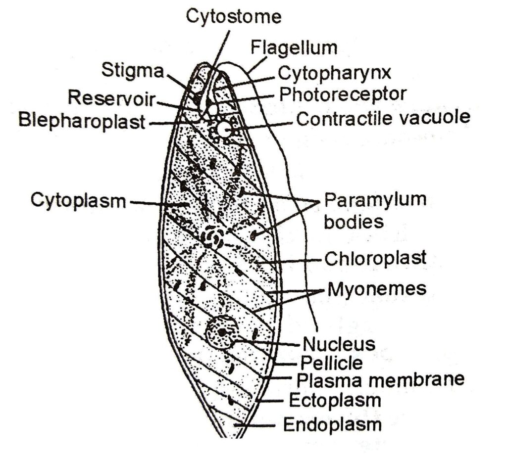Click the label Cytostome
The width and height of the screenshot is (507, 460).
[233, 16]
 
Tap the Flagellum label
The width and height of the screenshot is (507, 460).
[294, 47]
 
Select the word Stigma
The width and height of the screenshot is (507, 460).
[132, 70]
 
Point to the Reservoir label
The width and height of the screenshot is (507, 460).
[111, 97]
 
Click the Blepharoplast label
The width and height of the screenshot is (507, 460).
[82, 120]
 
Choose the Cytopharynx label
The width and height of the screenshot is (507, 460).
[335, 73]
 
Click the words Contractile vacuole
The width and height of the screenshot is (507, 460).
[383, 118]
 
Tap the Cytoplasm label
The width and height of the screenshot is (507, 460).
[78, 201]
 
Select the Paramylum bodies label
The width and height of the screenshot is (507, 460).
[375, 210]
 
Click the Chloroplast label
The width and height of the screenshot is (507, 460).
[375, 258]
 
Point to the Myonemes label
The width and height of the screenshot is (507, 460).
[376, 288]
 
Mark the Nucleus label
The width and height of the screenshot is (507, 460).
[339, 343]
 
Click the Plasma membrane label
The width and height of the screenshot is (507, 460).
[380, 380]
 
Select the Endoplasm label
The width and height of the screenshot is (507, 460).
[332, 424]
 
